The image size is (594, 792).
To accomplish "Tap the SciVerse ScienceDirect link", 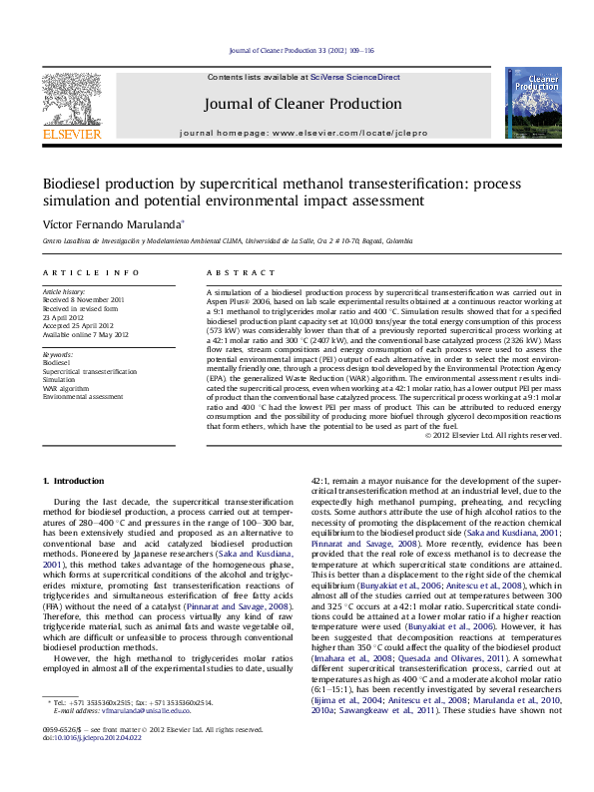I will coord(354,77).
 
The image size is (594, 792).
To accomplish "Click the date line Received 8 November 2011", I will coord(84,299).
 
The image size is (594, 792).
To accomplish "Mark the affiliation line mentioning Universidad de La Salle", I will coord(213,241).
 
